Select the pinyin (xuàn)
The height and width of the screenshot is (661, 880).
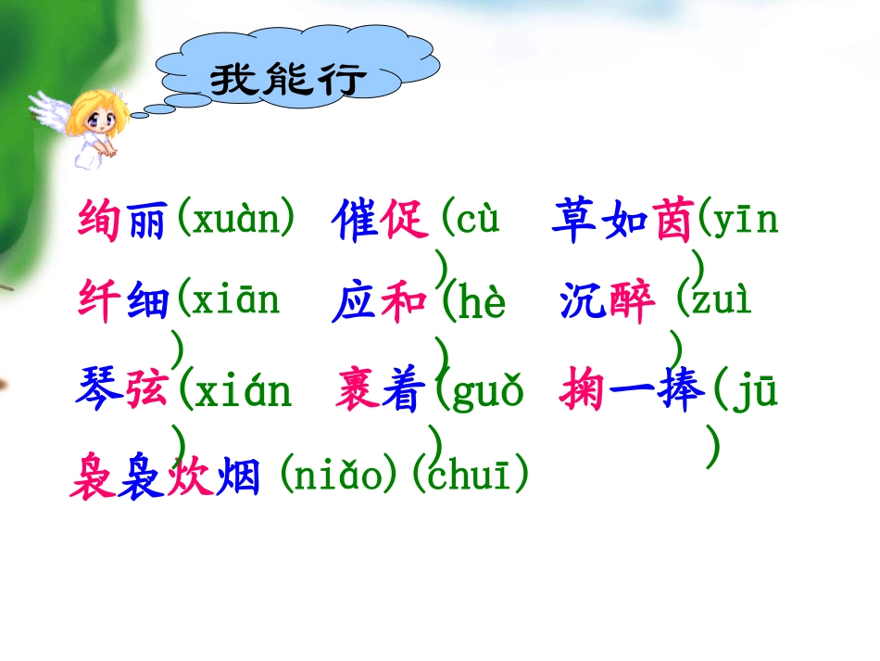236,221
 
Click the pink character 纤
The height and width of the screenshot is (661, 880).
98,302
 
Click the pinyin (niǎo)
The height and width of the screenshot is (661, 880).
343,477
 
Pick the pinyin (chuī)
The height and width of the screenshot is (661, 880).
471,477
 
